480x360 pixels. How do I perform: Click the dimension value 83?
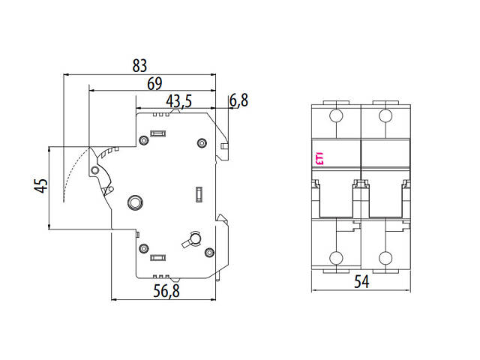click(139, 66)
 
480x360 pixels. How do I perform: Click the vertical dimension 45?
click(42, 185)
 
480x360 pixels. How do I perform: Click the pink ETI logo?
click(318, 157)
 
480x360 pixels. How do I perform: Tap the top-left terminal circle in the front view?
click(336, 115)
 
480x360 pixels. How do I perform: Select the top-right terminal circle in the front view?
click(385, 115)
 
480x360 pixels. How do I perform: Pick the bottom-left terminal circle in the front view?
click(336, 259)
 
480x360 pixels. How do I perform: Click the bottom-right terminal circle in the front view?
click(385, 259)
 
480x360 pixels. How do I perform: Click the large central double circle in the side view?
click(135, 202)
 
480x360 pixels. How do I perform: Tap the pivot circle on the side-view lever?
click(94, 171)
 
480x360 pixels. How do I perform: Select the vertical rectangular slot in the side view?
click(198, 194)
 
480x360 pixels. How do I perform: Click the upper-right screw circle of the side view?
click(200, 142)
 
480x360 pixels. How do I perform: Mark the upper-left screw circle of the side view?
click(143, 139)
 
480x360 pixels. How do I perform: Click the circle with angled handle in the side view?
click(193, 239)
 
